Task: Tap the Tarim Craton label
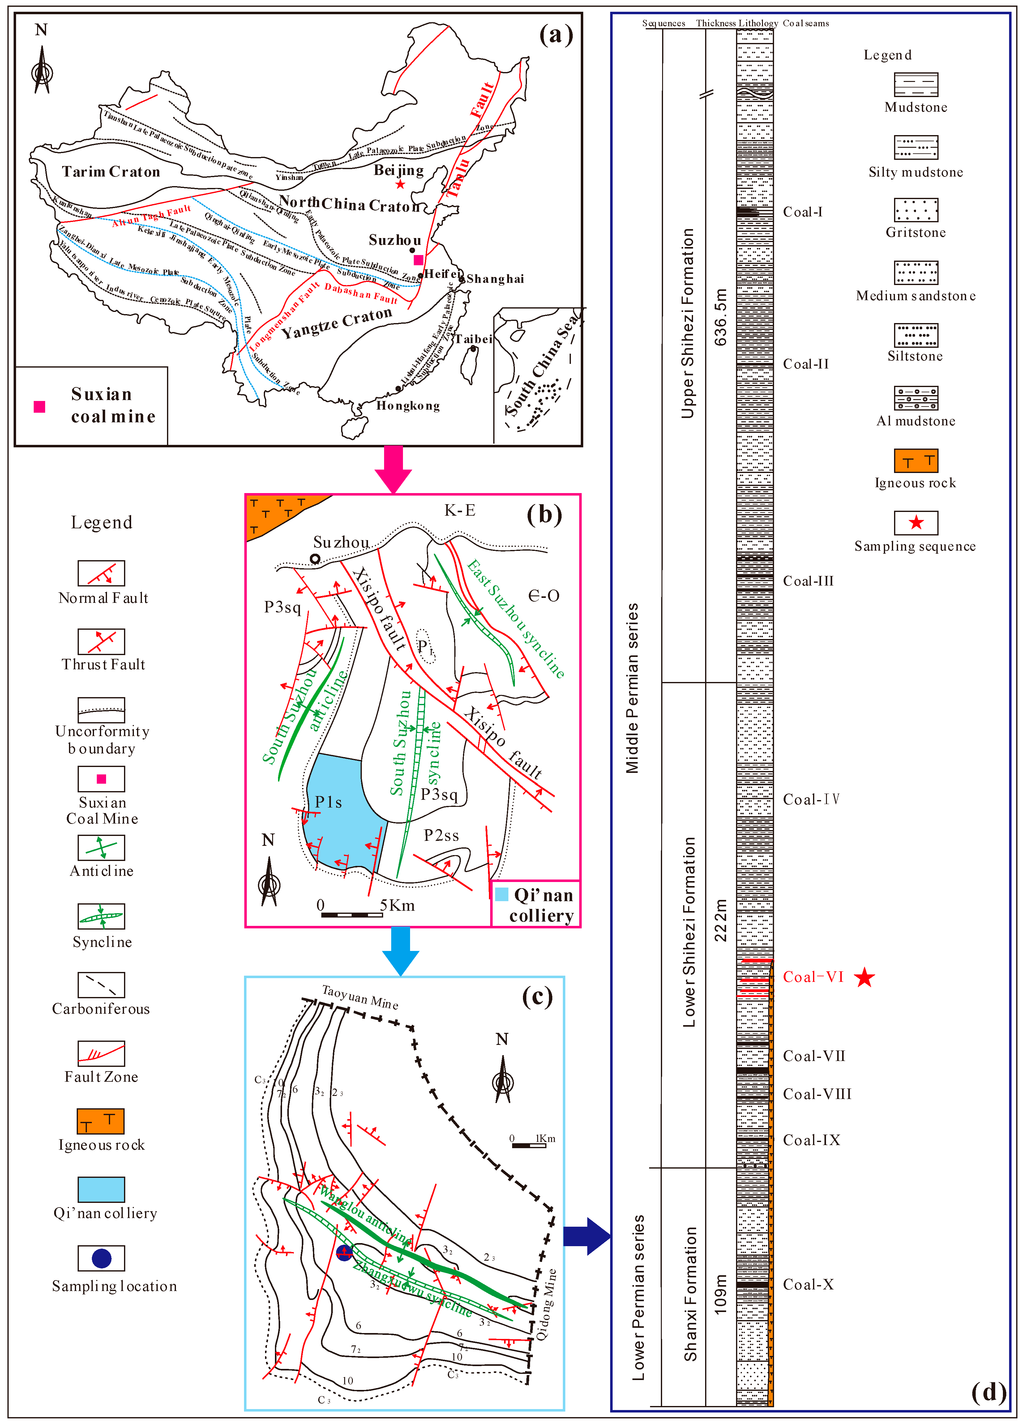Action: click(x=111, y=172)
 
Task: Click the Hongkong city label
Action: click(x=408, y=406)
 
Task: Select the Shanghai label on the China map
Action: click(x=495, y=279)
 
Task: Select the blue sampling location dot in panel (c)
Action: click(x=344, y=1253)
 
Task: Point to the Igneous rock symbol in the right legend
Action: click(x=916, y=461)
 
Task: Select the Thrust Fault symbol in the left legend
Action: click(x=101, y=641)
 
